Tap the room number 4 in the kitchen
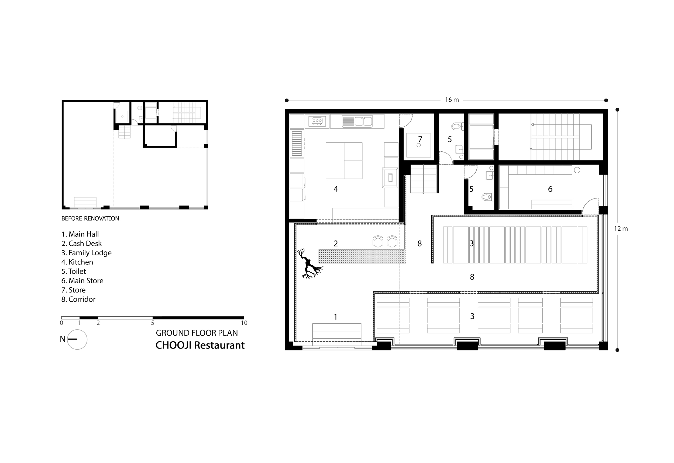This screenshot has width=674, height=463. pyautogui.click(x=336, y=189)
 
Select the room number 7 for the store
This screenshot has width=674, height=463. pyautogui.click(x=420, y=139)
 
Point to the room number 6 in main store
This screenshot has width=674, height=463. pyautogui.click(x=550, y=189)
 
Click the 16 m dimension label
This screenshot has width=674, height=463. pyautogui.click(x=452, y=100)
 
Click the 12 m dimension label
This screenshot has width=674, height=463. pyautogui.click(x=621, y=229)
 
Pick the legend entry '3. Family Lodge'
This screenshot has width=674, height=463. pyautogui.click(x=87, y=253)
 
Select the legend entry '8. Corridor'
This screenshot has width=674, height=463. pyautogui.click(x=78, y=300)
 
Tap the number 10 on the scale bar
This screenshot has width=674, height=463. pyautogui.click(x=244, y=323)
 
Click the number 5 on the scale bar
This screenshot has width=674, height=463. pyautogui.click(x=153, y=323)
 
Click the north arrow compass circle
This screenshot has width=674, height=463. pyautogui.click(x=77, y=339)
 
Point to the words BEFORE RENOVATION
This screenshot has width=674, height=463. pyautogui.click(x=90, y=218)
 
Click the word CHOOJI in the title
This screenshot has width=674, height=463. pyautogui.click(x=173, y=346)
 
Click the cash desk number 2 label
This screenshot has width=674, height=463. pyautogui.click(x=336, y=244)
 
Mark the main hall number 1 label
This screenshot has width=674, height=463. pyautogui.click(x=336, y=317)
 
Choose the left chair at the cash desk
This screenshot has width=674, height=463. pyautogui.click(x=378, y=241)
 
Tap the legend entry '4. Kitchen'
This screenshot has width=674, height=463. pyautogui.click(x=77, y=262)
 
